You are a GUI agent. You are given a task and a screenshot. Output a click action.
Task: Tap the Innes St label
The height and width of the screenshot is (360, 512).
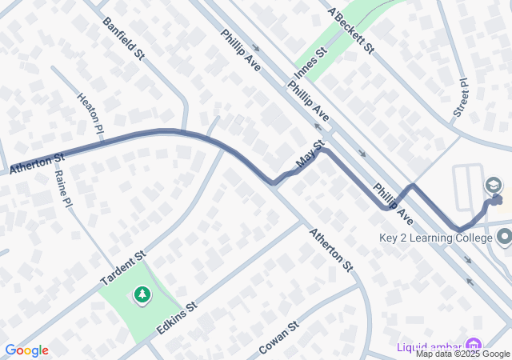[x=312, y=64]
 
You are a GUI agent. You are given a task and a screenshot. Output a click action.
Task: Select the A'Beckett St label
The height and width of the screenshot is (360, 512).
[x=351, y=30]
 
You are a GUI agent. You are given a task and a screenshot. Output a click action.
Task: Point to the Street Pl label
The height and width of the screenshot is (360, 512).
[x=462, y=98]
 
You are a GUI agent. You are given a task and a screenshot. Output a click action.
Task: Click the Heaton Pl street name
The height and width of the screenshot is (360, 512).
[x=90, y=112]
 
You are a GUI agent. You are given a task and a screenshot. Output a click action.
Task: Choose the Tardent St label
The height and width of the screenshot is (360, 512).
[x=122, y=267]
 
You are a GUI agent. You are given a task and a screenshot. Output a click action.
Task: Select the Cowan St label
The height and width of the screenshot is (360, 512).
[x=278, y=339]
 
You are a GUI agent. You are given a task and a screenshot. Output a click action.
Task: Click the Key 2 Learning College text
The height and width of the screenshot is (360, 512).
[x=435, y=238]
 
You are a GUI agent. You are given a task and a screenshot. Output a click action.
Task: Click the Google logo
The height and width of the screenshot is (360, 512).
[x=26, y=350]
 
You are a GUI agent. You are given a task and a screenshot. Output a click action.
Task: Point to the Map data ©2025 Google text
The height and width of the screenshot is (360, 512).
[x=462, y=354]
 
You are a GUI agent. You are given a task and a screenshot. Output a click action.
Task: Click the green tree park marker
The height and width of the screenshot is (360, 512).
[x=142, y=296]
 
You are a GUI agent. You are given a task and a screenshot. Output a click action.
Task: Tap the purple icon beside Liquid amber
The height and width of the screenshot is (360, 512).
[x=476, y=346]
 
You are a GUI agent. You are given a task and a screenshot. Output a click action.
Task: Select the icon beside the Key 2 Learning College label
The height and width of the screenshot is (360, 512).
[x=504, y=238]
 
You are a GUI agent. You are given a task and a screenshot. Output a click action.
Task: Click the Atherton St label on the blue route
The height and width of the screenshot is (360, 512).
[x=37, y=163]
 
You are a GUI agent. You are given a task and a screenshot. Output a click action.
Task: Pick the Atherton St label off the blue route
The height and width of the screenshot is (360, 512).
[x=330, y=248]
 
